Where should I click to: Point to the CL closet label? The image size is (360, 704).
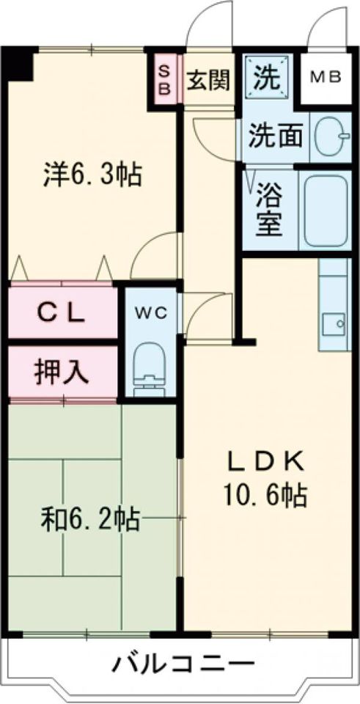62,313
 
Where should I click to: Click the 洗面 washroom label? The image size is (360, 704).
275,137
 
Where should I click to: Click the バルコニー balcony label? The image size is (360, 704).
183,665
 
